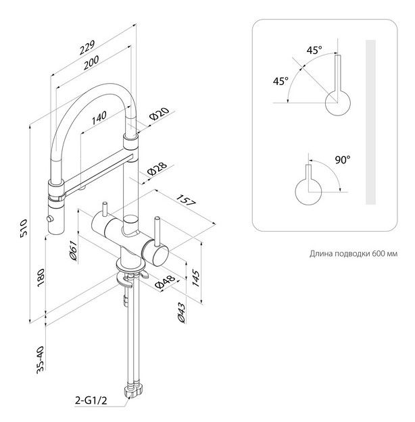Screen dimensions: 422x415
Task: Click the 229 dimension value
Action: pos(87,48)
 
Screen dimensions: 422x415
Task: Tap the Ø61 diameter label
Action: pos(72,252)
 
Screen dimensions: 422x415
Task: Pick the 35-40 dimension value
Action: pos(40,359)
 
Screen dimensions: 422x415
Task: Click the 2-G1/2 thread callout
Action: pos(91,400)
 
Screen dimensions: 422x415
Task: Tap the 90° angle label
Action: pos(342,160)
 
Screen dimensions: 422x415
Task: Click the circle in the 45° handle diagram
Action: pos(339,105)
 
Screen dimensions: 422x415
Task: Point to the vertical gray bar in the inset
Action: pos(370,122)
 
